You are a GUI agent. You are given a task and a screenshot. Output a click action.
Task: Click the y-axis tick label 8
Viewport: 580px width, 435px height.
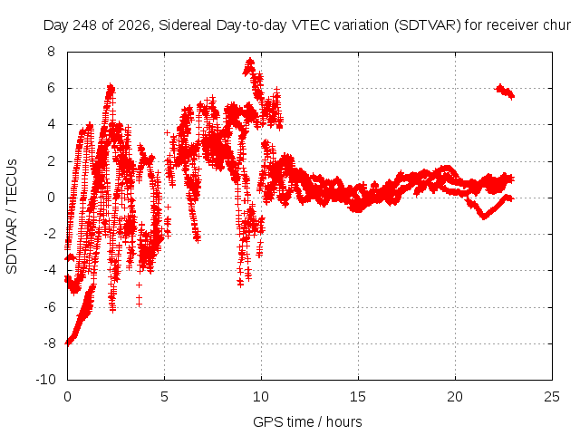click(x=51, y=52)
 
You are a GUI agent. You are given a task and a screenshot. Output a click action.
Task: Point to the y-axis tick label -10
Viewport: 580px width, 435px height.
click(x=45, y=380)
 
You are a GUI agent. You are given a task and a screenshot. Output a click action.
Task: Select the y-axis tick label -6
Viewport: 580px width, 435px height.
click(x=49, y=306)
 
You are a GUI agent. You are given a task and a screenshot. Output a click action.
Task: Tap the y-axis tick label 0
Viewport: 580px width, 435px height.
click(x=51, y=198)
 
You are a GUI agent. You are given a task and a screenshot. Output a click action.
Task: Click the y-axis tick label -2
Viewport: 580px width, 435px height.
click(x=49, y=234)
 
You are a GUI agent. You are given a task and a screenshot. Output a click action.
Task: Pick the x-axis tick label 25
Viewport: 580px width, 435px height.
click(x=552, y=397)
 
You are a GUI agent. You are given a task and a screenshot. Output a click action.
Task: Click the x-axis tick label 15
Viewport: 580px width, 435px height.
click(x=358, y=397)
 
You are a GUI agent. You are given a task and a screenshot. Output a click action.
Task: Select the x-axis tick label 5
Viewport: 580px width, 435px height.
click(x=164, y=397)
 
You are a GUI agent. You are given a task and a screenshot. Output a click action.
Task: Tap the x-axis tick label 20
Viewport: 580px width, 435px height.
click(x=455, y=397)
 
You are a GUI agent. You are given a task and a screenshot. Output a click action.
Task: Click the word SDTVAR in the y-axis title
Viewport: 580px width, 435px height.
click(x=12, y=246)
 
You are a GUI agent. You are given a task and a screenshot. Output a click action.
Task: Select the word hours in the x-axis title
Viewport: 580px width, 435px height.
click(x=344, y=421)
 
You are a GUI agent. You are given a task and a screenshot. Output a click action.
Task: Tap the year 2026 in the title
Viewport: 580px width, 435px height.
click(x=134, y=25)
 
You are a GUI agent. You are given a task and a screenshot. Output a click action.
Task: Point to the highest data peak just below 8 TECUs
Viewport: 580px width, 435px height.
click(x=250, y=63)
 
